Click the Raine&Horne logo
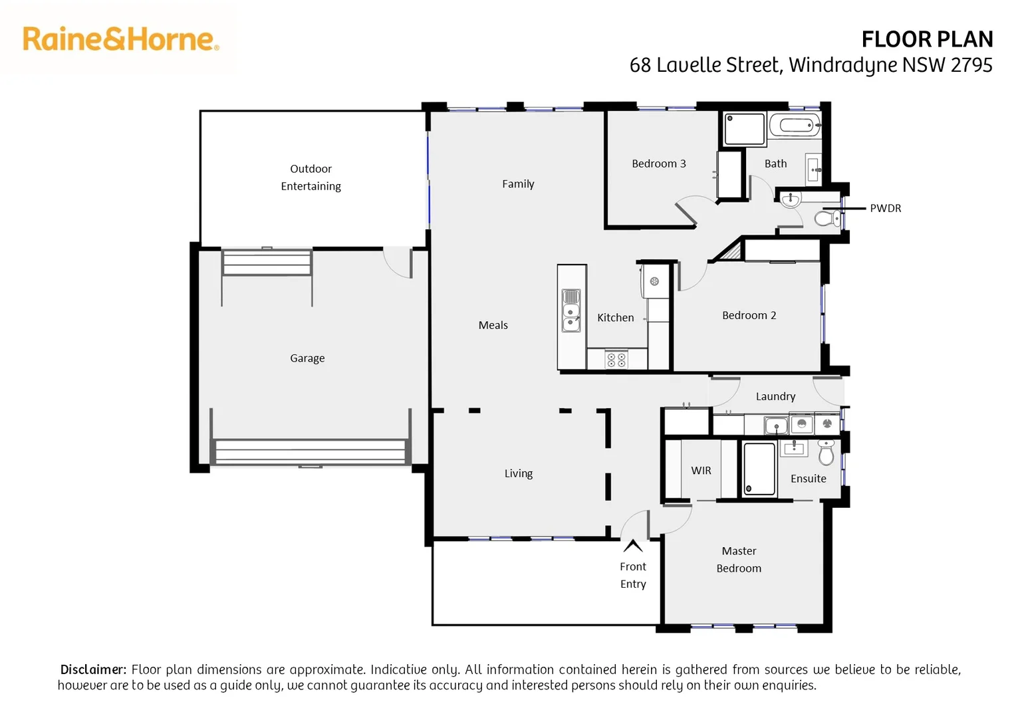[x=120, y=39]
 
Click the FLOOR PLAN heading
[x=926, y=40]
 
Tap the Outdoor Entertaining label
[x=311, y=178]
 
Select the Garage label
[x=307, y=358]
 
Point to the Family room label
[x=518, y=184]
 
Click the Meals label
[x=493, y=325]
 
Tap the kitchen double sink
[x=571, y=310]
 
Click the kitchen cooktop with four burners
[x=616, y=360]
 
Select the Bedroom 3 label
[x=658, y=164]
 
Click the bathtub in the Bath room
[x=795, y=125]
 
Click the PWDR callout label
[x=885, y=208]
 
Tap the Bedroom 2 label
[x=749, y=315]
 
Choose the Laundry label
[x=775, y=396]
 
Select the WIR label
[x=701, y=470]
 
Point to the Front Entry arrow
[x=632, y=546]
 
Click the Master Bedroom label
[x=739, y=559]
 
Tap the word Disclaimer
[x=93, y=669]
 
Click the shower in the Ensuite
[x=759, y=469]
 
